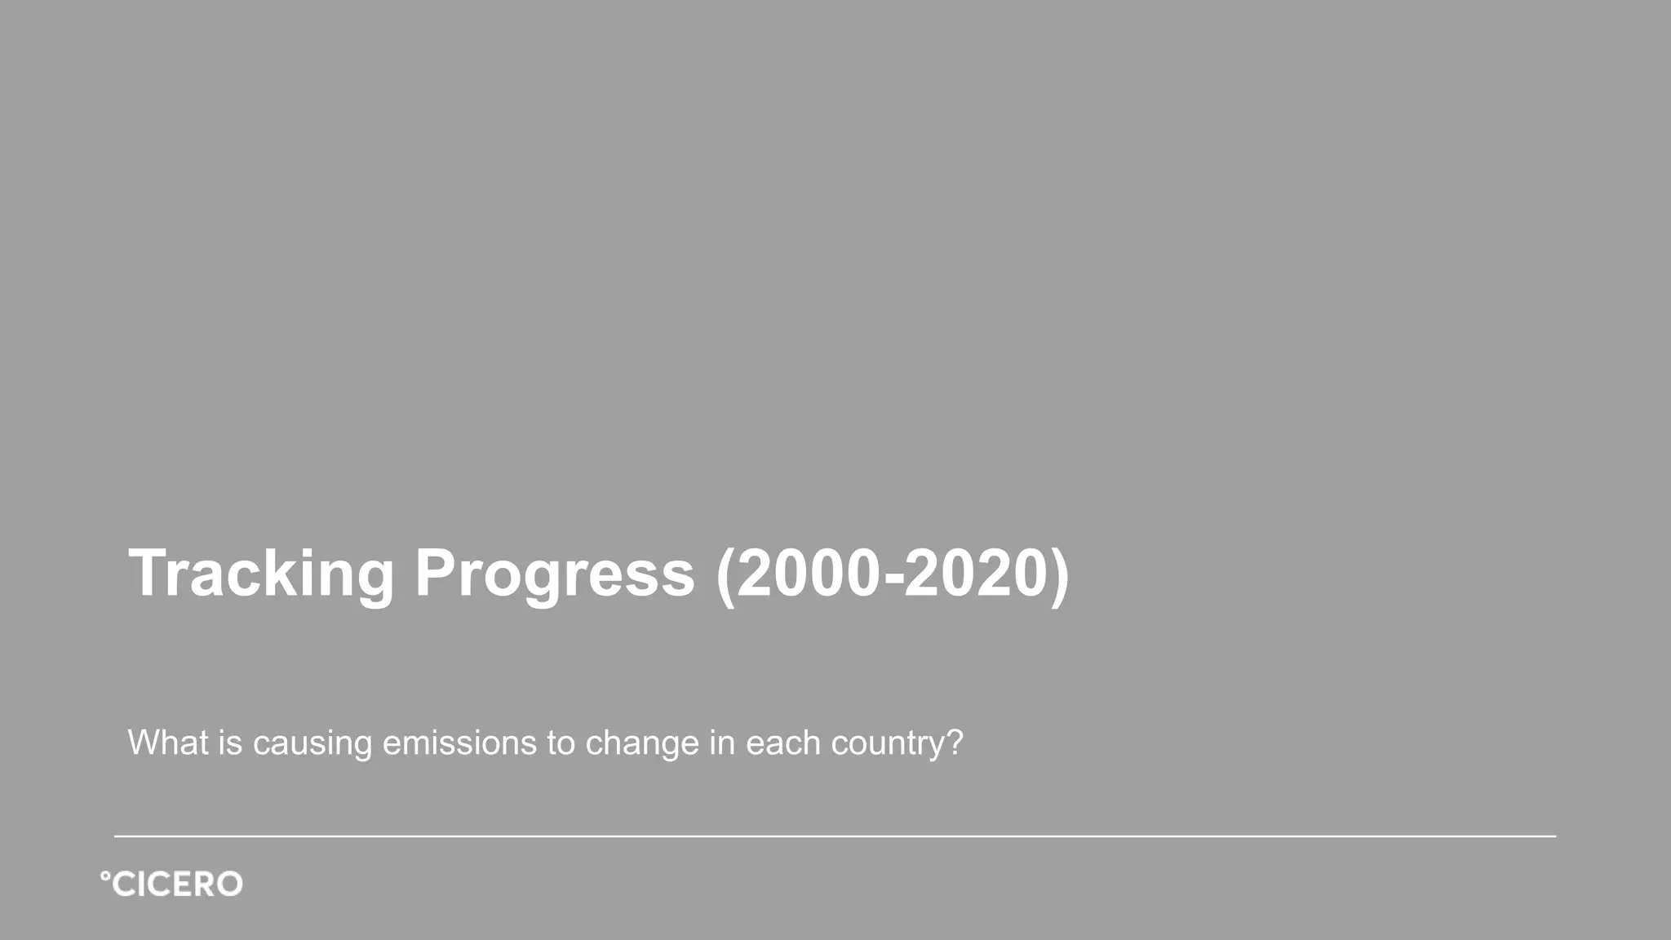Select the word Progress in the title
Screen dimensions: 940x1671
(x=555, y=574)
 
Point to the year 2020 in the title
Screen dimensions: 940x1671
(x=975, y=574)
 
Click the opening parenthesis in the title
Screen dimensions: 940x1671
(x=725, y=575)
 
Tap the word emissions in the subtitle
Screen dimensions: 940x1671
(x=459, y=743)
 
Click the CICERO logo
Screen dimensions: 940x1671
(x=171, y=885)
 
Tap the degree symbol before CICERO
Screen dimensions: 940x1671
(x=104, y=876)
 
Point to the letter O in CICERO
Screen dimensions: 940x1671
(x=228, y=885)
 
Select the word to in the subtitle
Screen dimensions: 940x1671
(x=561, y=743)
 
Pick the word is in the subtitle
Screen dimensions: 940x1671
(x=230, y=743)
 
